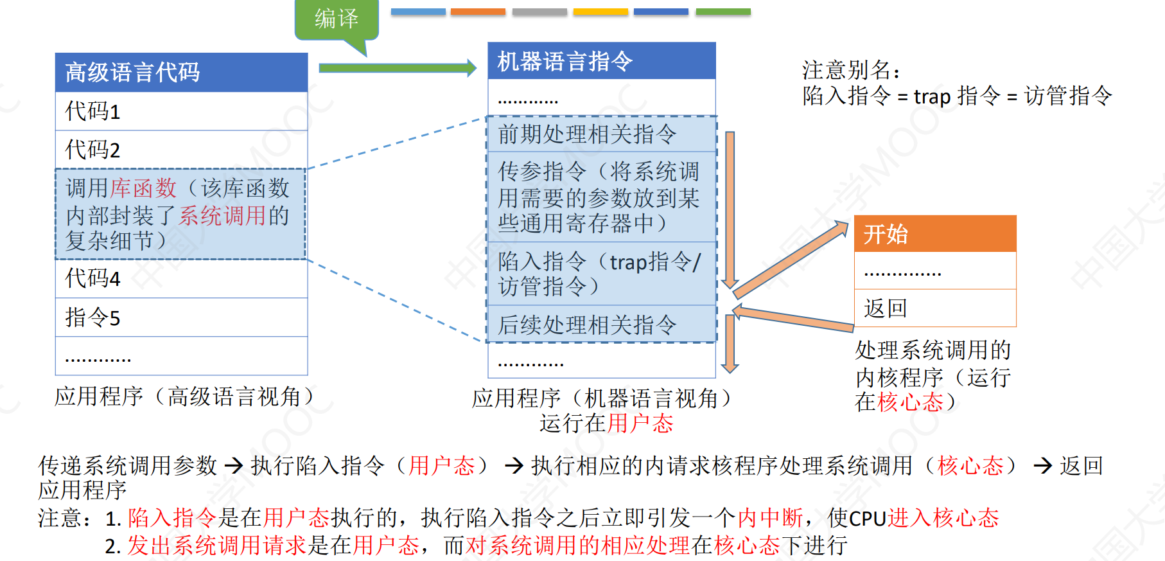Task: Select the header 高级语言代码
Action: point(181,72)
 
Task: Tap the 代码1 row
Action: point(181,111)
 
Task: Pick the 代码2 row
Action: point(181,150)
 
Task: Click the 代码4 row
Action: point(181,278)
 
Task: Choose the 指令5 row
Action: point(181,317)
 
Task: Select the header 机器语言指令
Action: point(601,61)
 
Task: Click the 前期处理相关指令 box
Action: point(601,134)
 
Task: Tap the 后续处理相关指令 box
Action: point(601,325)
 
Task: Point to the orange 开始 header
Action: point(935,234)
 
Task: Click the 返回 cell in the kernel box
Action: point(935,308)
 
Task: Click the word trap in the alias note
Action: point(932,96)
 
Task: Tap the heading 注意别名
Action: point(850,70)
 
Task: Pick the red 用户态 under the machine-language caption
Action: point(640,423)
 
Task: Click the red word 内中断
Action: point(770,518)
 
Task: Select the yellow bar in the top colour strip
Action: point(600,12)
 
